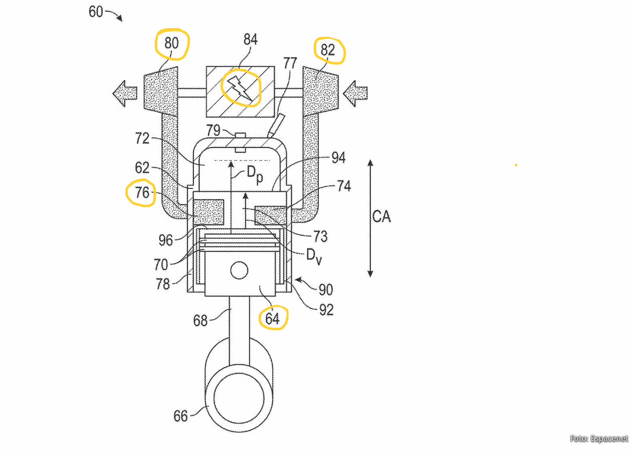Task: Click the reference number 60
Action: pos(96,12)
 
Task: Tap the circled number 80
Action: pos(172,43)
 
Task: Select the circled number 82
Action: pos(327,50)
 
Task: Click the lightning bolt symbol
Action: pos(240,88)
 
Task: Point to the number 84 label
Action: pos(250,39)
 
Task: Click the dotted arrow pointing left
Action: pos(125,93)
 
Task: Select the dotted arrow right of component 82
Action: pos(355,93)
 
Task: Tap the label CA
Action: pos(381,217)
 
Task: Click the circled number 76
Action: pos(142,192)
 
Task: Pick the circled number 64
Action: pos(272,319)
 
